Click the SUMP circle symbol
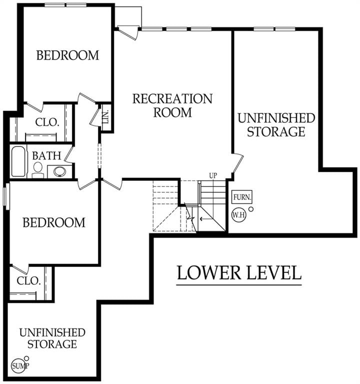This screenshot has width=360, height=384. tap(18, 366)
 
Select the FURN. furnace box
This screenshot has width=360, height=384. tap(242, 197)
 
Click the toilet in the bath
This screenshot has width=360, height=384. tap(37, 169)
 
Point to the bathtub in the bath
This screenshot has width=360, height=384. tap(18, 161)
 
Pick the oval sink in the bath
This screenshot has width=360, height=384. tap(60, 171)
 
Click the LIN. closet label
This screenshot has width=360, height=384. tap(105, 117)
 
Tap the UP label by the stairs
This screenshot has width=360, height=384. tap(213, 175)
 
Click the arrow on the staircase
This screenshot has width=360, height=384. tap(204, 218)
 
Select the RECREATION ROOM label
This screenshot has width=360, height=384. tap(172, 105)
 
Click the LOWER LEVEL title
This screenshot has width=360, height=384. tap(239, 272)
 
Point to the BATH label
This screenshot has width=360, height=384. tap(46, 156)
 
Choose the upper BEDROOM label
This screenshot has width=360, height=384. tap(67, 55)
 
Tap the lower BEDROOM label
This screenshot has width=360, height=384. tap(54, 222)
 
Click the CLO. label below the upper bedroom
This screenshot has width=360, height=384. tap(47, 122)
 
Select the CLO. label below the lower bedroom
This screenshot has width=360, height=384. tap(28, 280)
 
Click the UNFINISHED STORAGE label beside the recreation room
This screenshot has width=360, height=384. tap(276, 125)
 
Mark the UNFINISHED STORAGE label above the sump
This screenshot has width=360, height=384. tap(52, 338)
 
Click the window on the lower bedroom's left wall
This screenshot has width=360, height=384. tap(6, 195)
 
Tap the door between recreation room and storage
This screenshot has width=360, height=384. tap(237, 163)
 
